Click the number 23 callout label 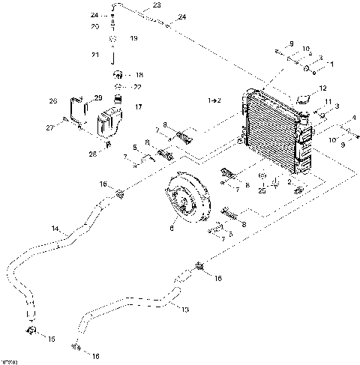point(156,5)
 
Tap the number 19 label point(133,37)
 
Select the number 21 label point(94,55)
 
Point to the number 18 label point(137,75)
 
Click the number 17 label point(136,107)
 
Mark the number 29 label point(97,98)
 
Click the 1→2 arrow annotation point(214,100)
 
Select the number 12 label point(323,88)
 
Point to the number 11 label point(328,101)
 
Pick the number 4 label point(353,117)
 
